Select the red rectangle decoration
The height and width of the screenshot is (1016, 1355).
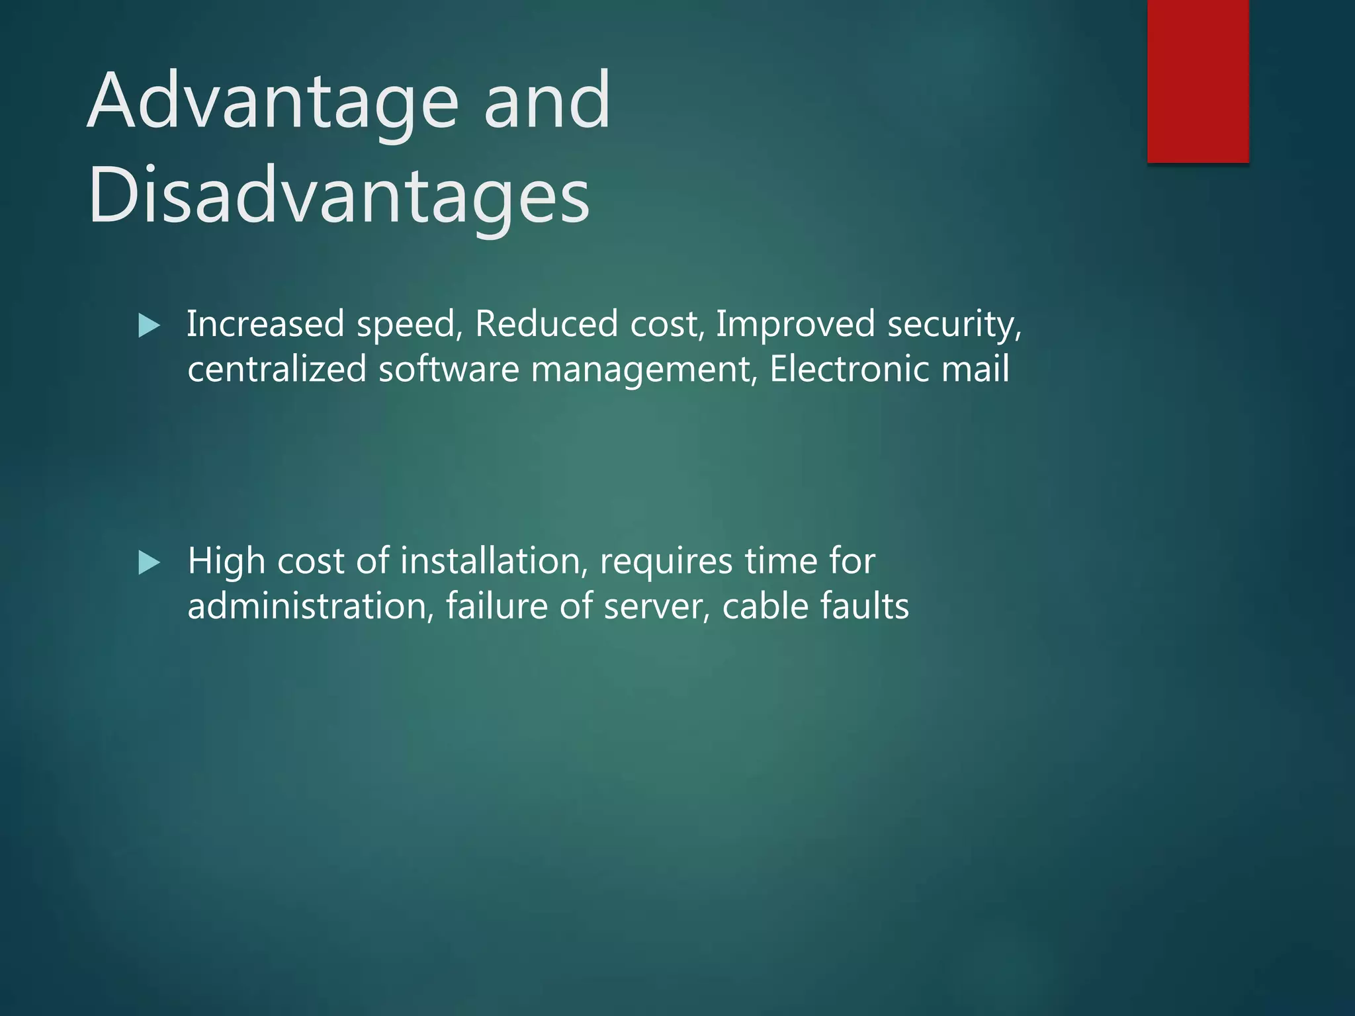coord(1198,81)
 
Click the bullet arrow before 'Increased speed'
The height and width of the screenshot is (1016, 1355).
coord(150,325)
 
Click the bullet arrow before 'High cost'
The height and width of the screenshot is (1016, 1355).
coord(150,563)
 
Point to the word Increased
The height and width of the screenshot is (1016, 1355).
coord(265,324)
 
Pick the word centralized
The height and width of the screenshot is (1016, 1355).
coord(277,369)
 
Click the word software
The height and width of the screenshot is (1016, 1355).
coord(449,369)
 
